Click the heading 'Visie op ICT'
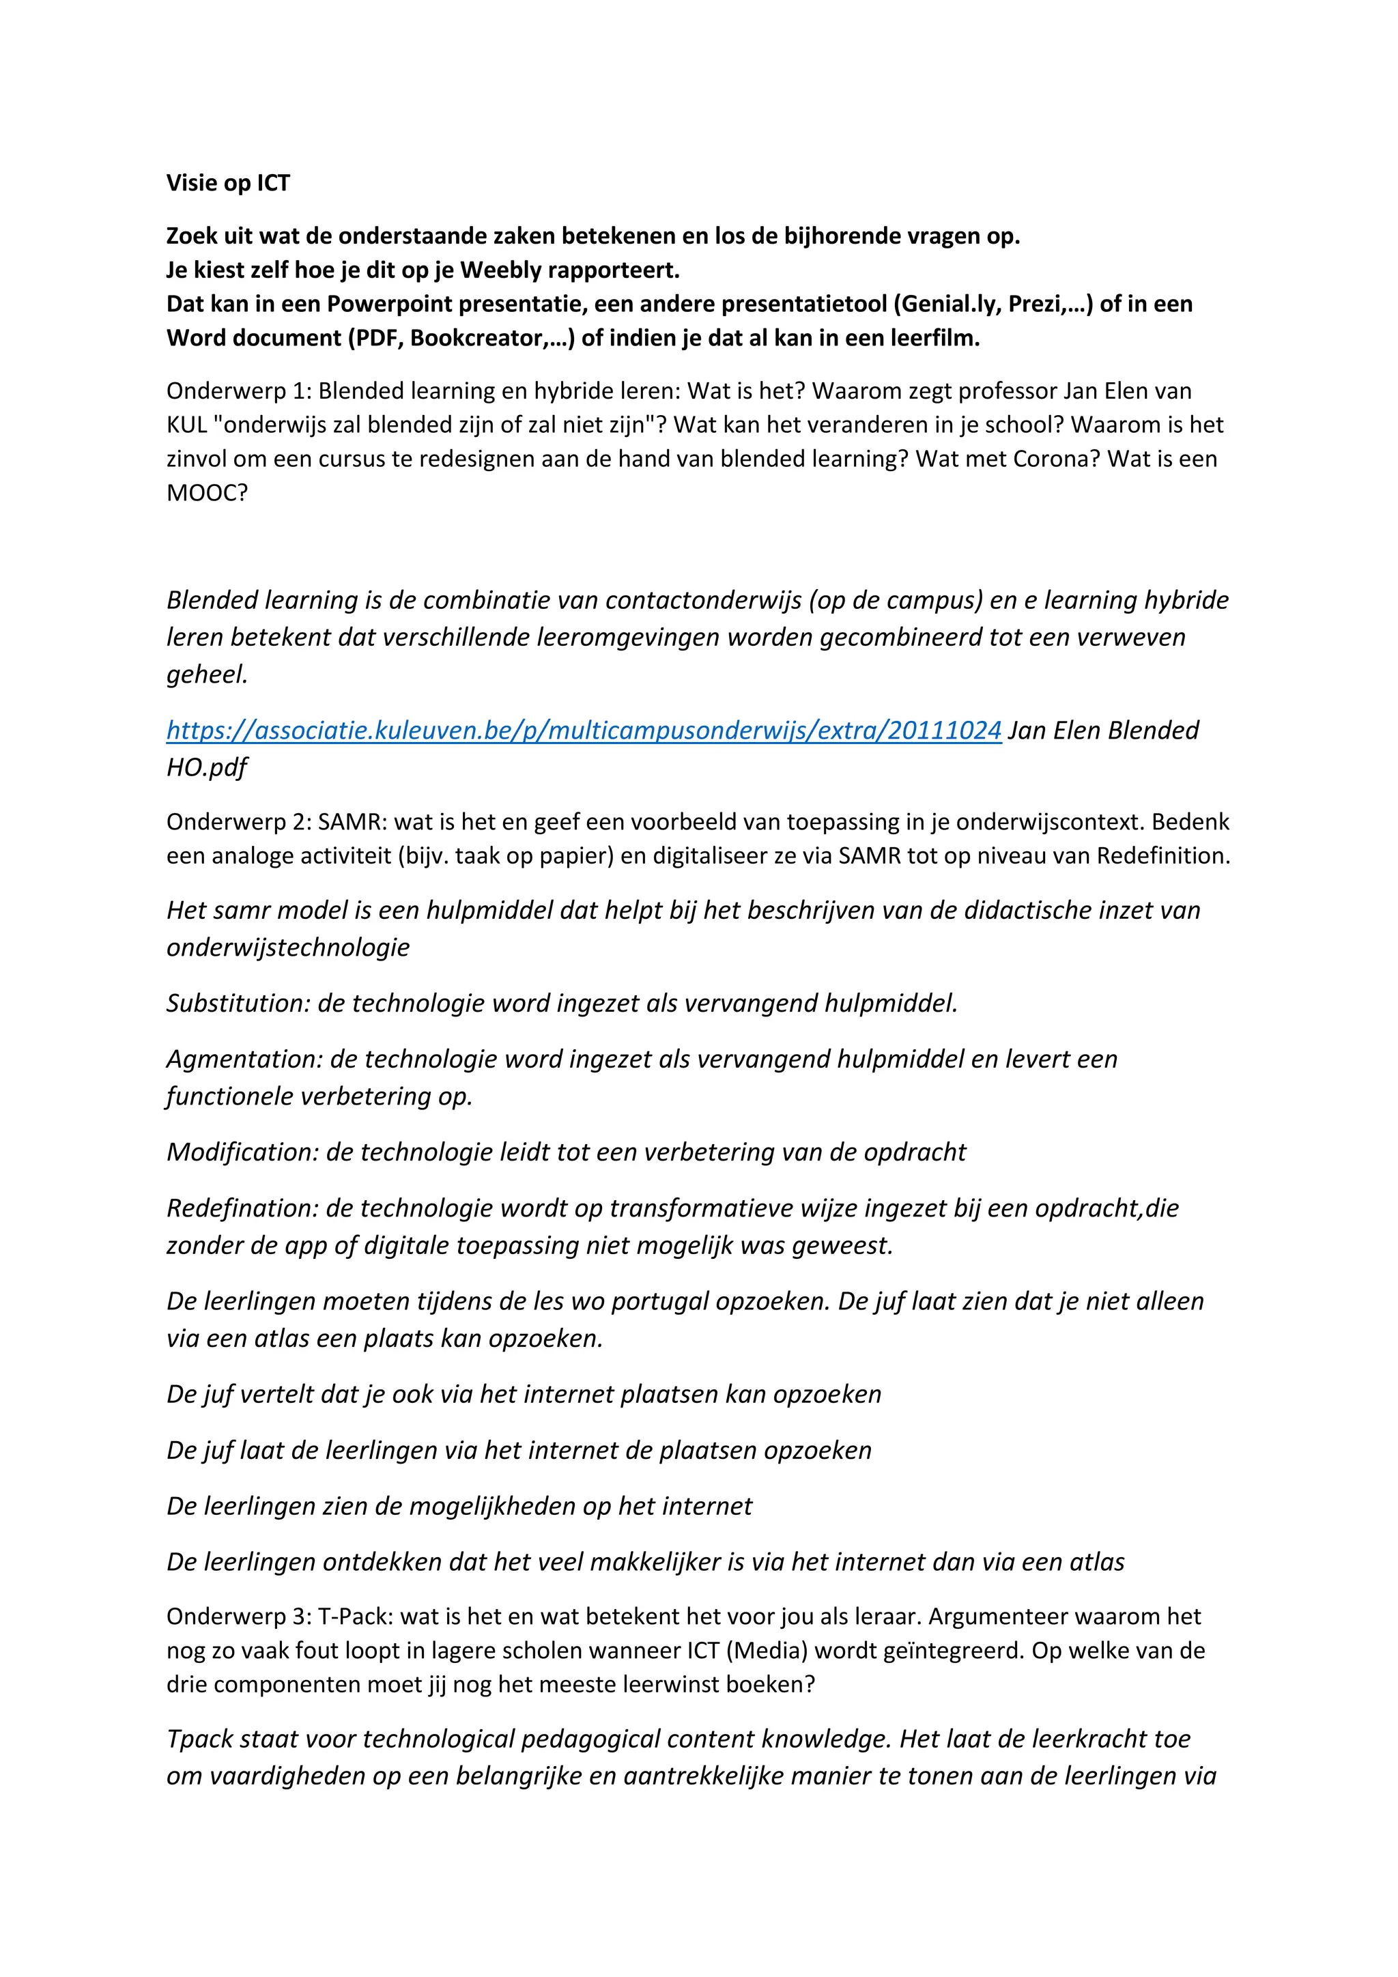(228, 184)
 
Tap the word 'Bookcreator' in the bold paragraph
(479, 337)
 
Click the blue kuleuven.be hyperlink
(584, 730)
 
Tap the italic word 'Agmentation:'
(244, 1059)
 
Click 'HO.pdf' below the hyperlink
(207, 767)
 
